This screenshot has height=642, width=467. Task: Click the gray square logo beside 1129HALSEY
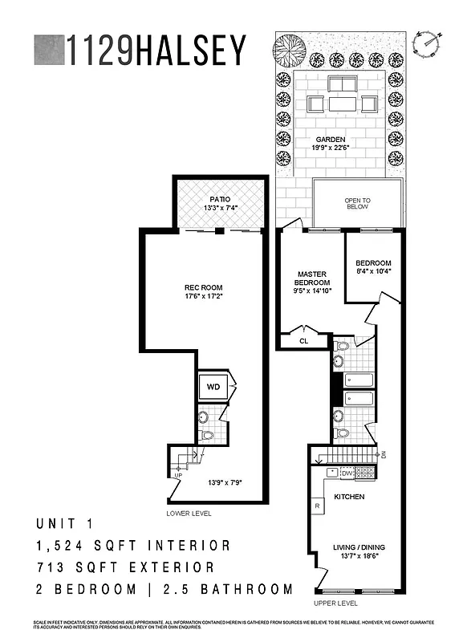tap(48, 50)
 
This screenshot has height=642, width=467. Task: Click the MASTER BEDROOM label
tap(311, 278)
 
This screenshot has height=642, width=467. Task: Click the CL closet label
tap(303, 340)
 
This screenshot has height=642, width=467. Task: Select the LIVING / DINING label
tap(355, 550)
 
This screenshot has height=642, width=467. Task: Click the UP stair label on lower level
tap(177, 475)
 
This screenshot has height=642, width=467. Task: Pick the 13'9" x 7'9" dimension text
tap(225, 483)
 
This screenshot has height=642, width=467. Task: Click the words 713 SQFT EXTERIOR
tap(125, 567)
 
